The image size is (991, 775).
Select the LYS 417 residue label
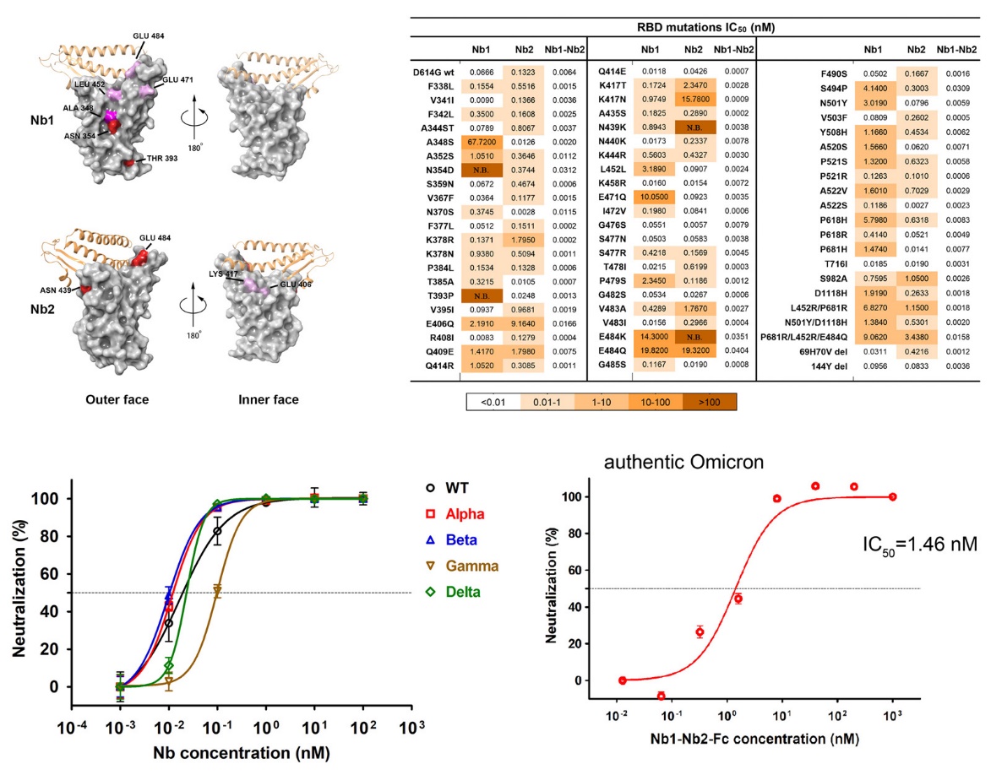point(222,274)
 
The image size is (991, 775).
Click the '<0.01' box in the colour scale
point(493,403)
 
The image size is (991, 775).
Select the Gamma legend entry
point(472,565)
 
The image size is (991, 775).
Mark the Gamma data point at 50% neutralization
point(218,591)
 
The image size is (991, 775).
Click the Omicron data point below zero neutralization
point(661,696)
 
